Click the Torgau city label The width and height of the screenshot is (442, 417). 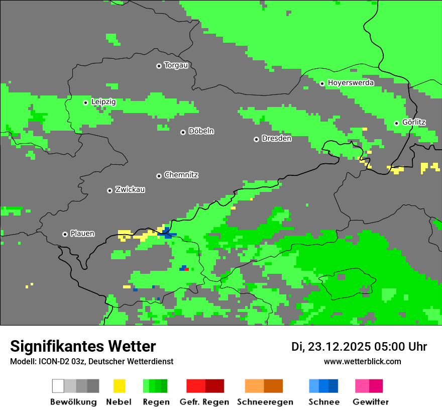[x=176, y=65]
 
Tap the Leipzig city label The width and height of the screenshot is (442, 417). [x=103, y=102]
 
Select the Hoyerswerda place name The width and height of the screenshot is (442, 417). [x=351, y=83]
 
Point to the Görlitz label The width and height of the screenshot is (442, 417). [x=414, y=123]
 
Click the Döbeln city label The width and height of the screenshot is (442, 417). [x=201, y=131]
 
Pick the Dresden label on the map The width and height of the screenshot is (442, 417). [x=276, y=139]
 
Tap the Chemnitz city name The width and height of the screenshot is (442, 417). [x=181, y=175]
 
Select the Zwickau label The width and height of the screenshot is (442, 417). [x=130, y=190]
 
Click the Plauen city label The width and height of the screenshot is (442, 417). [x=82, y=234]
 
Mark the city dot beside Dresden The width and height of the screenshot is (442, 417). [x=256, y=139]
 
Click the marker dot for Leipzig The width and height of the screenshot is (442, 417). [x=85, y=102]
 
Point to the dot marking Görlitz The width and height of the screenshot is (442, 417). [x=396, y=123]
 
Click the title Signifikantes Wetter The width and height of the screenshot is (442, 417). [x=83, y=347]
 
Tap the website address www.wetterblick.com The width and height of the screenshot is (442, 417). [x=362, y=362]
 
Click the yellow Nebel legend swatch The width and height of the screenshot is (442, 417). [x=119, y=386]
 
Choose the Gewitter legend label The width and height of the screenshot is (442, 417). [x=370, y=402]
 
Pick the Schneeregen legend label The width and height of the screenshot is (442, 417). [x=265, y=402]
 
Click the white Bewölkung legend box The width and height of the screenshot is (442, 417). [x=58, y=386]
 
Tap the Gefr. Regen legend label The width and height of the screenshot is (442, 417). [x=204, y=402]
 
